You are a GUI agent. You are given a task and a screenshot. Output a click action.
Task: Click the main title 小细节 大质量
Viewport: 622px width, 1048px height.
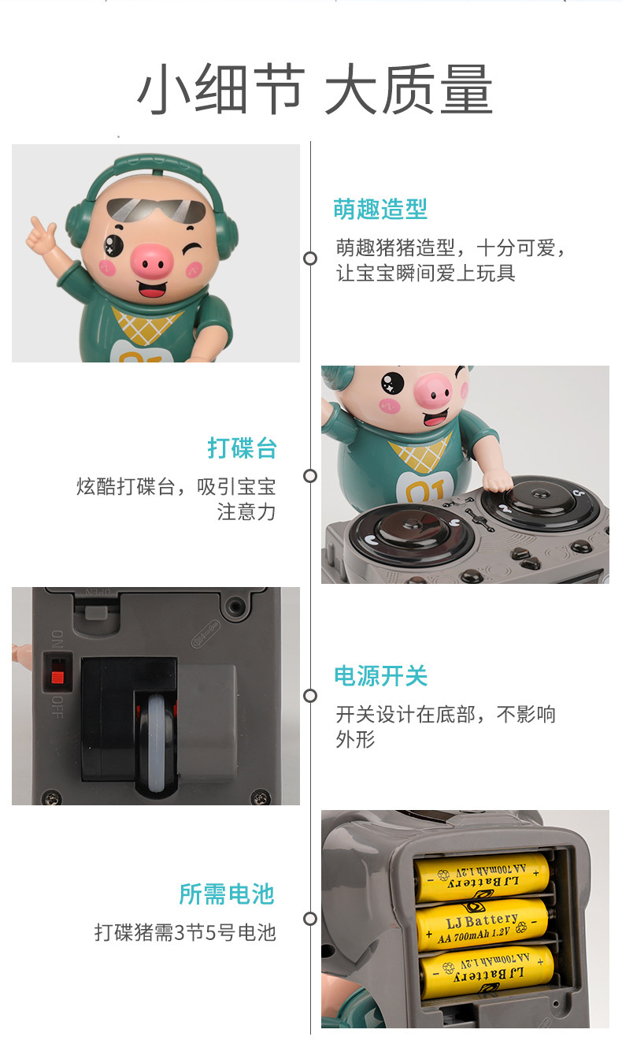(314, 89)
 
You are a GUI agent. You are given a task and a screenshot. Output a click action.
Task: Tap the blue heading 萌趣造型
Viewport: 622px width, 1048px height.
(380, 209)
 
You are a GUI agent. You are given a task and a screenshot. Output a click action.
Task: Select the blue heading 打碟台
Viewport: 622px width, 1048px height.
(242, 448)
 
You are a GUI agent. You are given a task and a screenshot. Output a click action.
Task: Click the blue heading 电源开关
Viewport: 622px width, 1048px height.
(381, 676)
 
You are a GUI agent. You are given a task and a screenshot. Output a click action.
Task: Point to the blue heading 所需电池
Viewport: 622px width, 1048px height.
(227, 894)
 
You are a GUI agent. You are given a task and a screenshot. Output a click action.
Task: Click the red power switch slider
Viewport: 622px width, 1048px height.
(57, 677)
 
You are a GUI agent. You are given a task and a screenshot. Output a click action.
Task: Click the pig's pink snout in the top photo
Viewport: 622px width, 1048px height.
(150, 261)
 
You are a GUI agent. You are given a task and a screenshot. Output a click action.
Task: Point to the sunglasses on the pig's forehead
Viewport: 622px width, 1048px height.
(156, 210)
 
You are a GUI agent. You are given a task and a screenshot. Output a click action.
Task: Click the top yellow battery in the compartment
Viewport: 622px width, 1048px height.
(482, 876)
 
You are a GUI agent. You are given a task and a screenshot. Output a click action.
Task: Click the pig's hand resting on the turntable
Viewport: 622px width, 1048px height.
(498, 479)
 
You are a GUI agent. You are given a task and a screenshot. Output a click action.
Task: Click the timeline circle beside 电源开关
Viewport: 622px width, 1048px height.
(310, 696)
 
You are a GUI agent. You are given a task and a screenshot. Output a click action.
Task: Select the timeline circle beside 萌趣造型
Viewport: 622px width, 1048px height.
(310, 258)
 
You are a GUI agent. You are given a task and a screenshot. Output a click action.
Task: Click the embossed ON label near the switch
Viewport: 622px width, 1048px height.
(57, 638)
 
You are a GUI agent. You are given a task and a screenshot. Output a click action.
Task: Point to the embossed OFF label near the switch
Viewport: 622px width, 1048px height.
(57, 707)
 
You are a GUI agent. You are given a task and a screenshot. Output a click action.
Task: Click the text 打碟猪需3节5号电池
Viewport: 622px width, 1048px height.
(185, 932)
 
